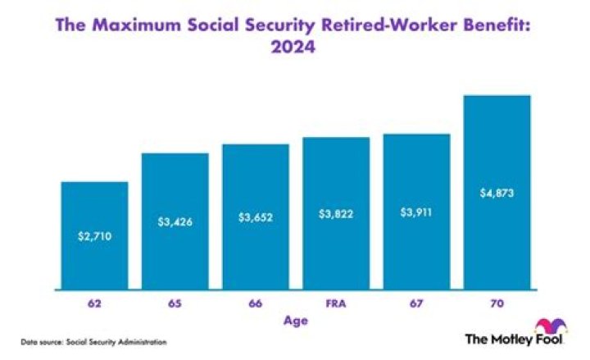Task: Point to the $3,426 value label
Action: click(x=175, y=221)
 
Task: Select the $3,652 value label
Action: click(x=256, y=217)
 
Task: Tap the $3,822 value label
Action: click(x=336, y=214)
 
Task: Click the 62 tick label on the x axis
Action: click(x=94, y=303)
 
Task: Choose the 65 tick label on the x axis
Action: click(x=175, y=303)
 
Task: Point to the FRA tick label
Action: click(x=336, y=303)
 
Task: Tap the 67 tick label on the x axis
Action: click(x=416, y=303)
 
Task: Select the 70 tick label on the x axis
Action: click(x=497, y=303)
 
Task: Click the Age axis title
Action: click(x=297, y=321)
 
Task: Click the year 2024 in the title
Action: click(x=295, y=48)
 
